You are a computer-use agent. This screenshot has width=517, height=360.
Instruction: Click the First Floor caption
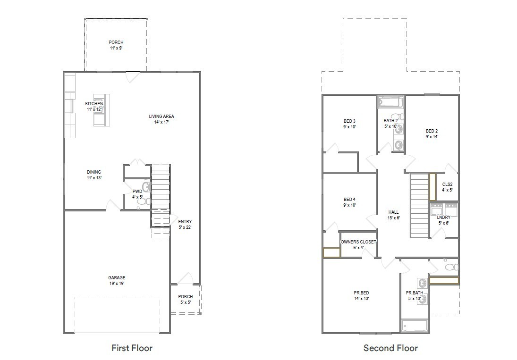[132, 348]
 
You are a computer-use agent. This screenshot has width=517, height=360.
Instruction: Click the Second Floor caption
[390, 348]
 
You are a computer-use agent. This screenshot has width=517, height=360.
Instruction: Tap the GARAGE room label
[117, 278]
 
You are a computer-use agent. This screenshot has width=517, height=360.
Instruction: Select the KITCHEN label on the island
[94, 104]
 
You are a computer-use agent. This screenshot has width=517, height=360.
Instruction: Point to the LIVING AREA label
[161, 116]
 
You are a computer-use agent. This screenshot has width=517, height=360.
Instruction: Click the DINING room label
[93, 172]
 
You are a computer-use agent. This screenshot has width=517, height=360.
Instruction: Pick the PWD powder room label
[137, 192]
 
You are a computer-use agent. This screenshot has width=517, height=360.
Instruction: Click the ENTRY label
[185, 222]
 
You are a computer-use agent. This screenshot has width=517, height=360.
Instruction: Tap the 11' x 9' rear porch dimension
[116, 48]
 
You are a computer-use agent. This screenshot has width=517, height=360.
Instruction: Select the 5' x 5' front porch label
[185, 302]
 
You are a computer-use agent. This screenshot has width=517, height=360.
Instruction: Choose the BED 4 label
[349, 199]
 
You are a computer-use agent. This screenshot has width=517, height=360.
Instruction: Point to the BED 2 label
[432, 131]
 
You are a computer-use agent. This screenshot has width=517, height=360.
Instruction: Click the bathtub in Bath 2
[390, 102]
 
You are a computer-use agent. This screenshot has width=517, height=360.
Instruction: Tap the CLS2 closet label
[447, 184]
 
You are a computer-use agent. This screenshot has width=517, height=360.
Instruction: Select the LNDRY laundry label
[443, 218]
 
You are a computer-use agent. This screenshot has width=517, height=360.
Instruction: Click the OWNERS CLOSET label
[358, 242]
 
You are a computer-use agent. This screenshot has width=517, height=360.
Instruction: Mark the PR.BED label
[361, 293]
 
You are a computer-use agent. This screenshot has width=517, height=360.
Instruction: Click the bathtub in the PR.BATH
[414, 326]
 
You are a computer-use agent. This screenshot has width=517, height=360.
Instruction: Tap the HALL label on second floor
[394, 212]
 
